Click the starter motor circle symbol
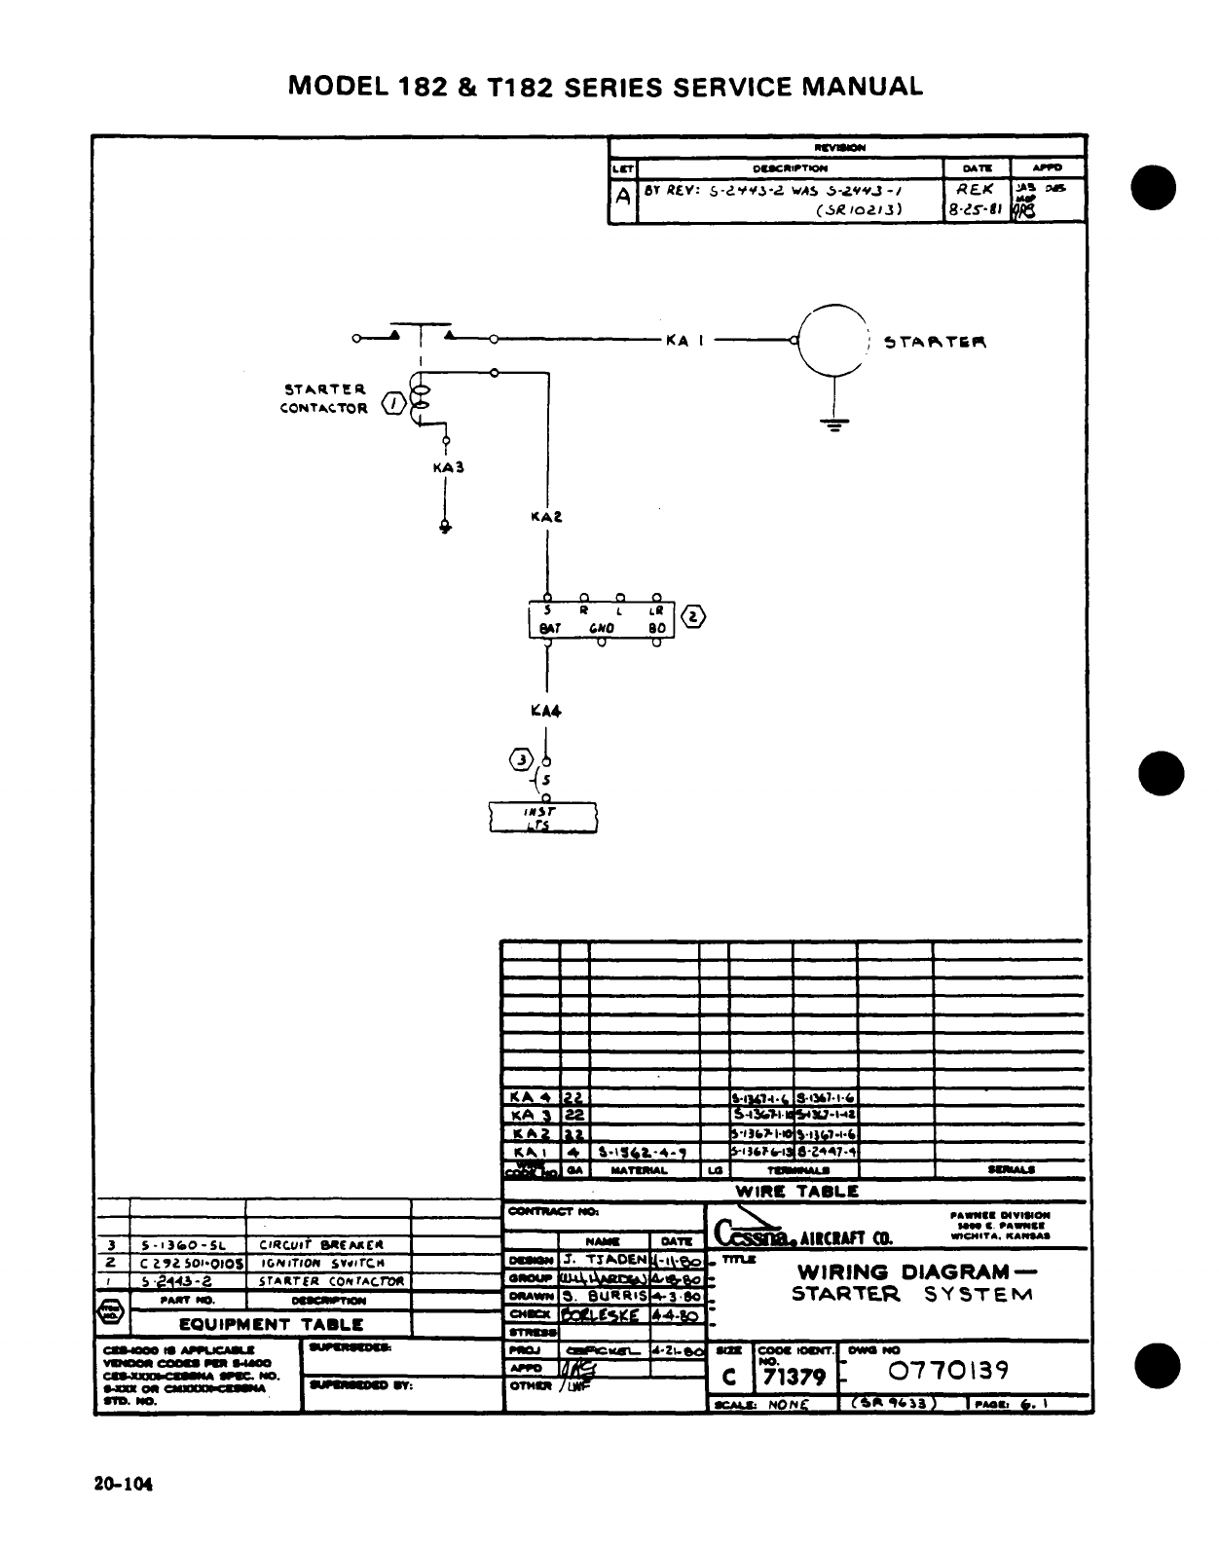(x=832, y=341)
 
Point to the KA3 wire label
(x=448, y=467)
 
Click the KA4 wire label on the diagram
(x=546, y=711)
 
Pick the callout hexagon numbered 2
(x=691, y=616)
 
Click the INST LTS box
(x=543, y=818)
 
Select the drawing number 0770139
(x=948, y=1371)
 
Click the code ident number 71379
(x=794, y=1377)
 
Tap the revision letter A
(x=622, y=195)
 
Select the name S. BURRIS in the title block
(x=604, y=1297)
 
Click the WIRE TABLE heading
(x=796, y=1191)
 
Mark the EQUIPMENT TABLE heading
(x=271, y=1324)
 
